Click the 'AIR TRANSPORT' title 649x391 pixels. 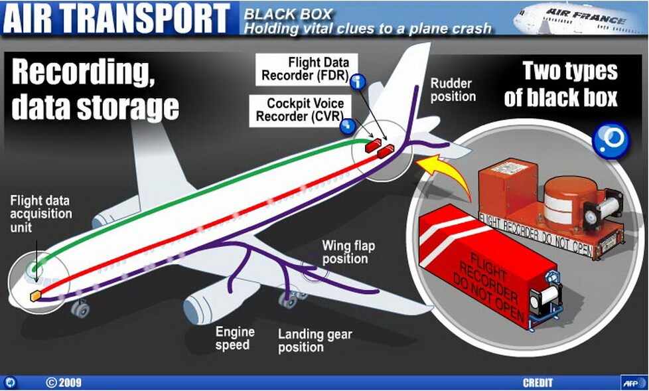click(119, 18)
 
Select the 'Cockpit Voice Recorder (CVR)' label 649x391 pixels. click(303, 110)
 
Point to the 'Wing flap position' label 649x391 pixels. click(348, 252)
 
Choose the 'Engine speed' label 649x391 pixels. click(233, 338)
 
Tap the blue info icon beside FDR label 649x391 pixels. click(359, 82)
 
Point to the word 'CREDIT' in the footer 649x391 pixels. click(538, 383)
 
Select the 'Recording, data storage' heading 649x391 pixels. click(95, 89)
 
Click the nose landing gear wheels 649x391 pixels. click(80, 308)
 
